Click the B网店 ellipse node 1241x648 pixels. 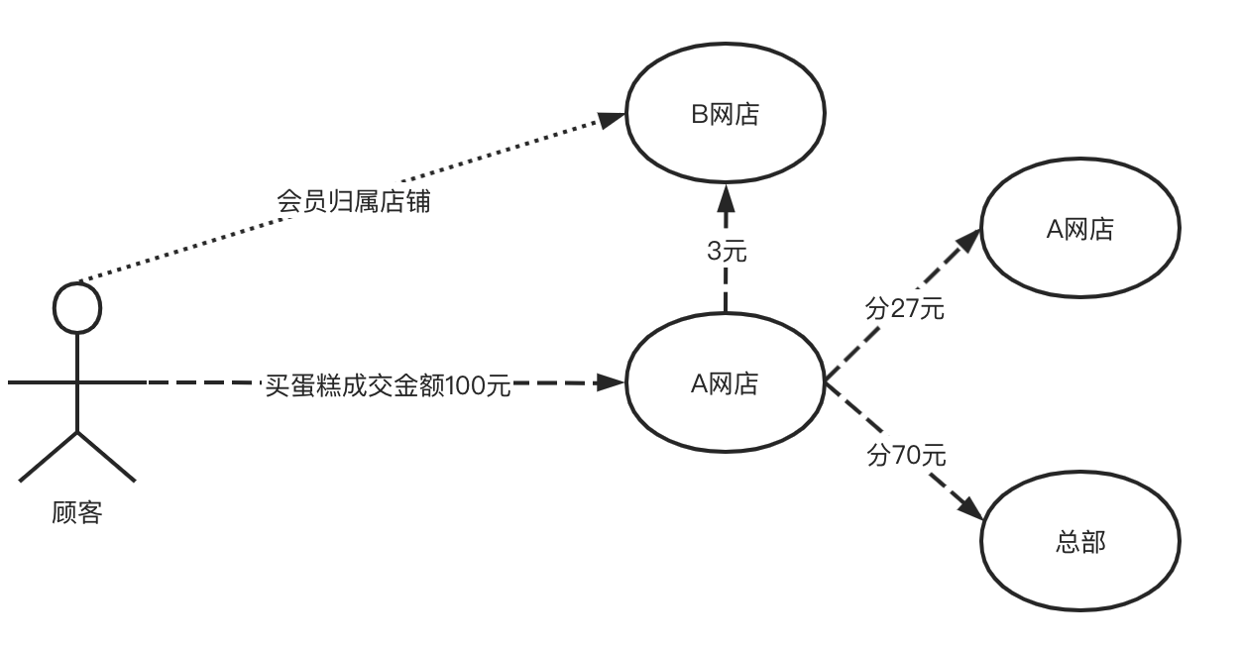725,115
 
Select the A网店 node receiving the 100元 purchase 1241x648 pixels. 725,382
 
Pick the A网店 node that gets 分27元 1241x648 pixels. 1080,229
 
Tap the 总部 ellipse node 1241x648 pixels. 1080,542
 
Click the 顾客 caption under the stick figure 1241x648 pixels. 77,513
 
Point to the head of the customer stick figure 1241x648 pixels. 77,307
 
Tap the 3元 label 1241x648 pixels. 727,252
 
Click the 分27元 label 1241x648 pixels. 905,309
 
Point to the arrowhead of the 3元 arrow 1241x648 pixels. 726,193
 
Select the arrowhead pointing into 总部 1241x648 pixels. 971,507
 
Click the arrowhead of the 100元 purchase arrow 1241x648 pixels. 612,382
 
